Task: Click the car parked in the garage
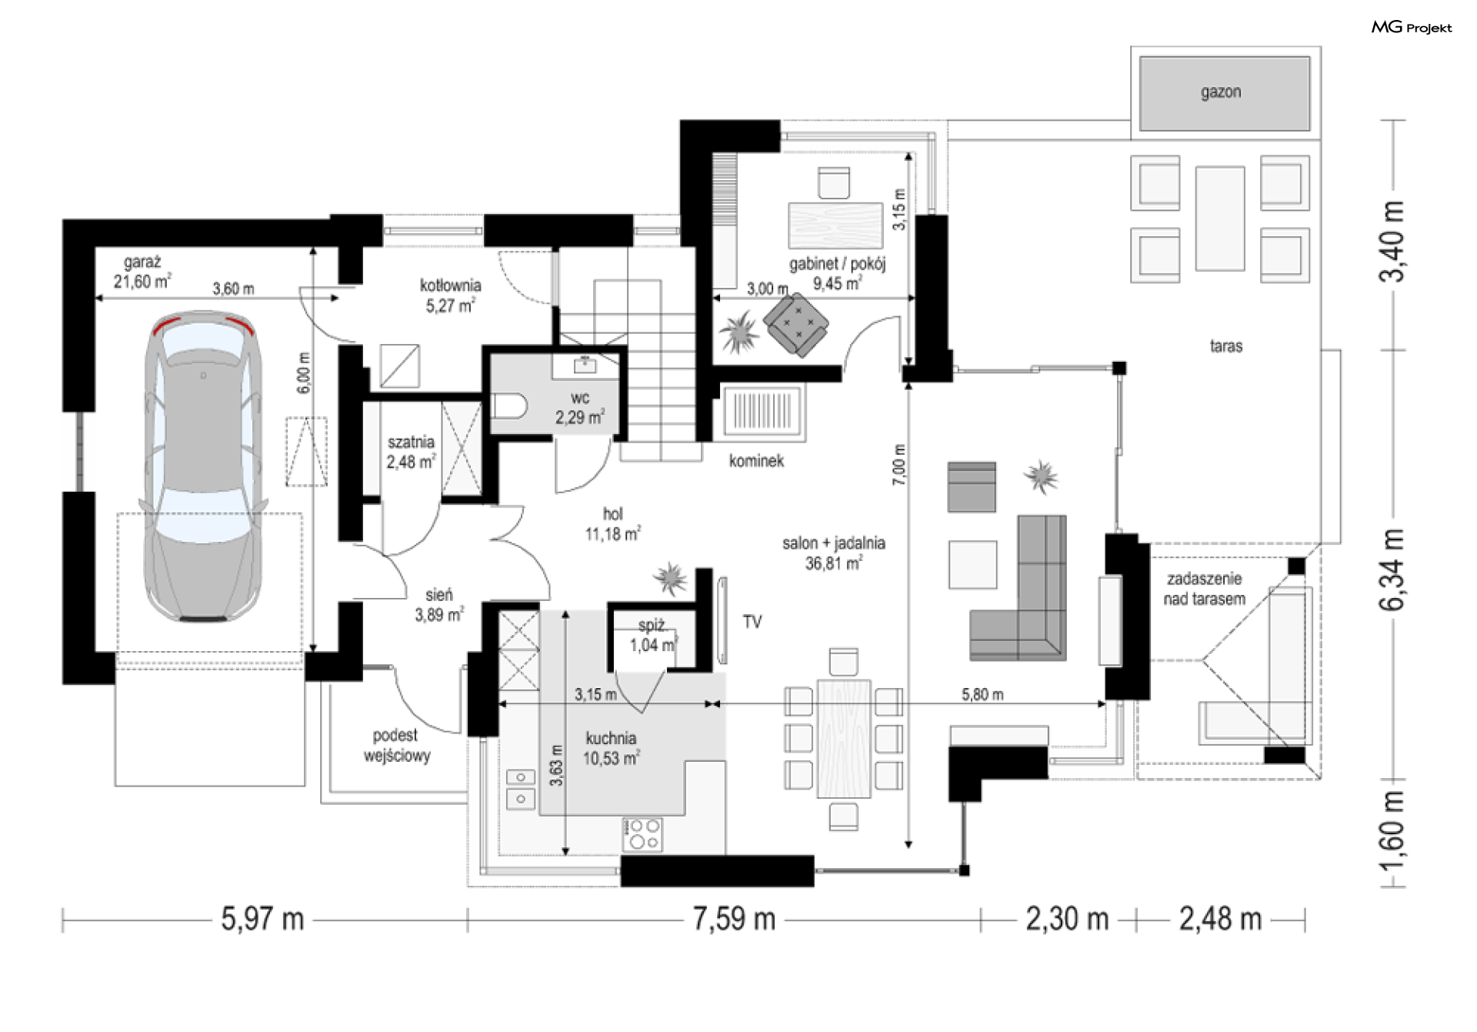coord(203,468)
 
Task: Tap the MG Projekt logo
coord(1412,28)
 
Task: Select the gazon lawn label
coord(1221,92)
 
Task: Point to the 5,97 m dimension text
coord(262,919)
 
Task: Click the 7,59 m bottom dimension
coord(734,919)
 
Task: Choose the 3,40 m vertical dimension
coord(1393,241)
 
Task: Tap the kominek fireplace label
coord(756,461)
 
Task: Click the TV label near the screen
coord(752,622)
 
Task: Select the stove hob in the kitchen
coord(642,834)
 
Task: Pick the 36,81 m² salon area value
coord(834,563)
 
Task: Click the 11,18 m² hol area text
coord(613,533)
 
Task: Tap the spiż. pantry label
coord(652,626)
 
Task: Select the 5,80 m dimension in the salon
coord(982,695)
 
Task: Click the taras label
coord(1226,346)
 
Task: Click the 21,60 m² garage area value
coord(142,282)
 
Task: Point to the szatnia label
coord(411,443)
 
